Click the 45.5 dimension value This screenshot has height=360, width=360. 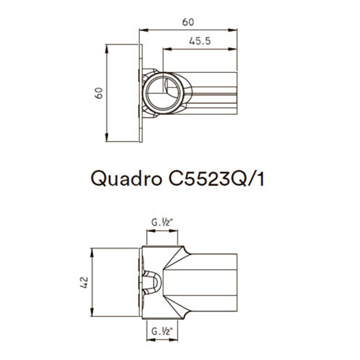200,41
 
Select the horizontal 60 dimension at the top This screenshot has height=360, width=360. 188,22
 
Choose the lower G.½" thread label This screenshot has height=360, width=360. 163,332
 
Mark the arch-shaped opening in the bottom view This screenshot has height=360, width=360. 153,282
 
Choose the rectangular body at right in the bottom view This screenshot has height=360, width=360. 213,282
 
